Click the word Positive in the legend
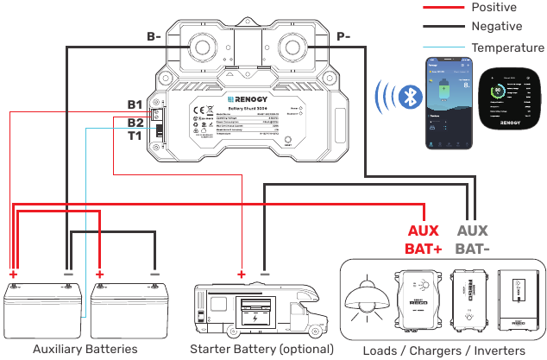[494, 8]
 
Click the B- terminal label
[154, 37]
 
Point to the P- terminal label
[342, 37]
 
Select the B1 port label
[135, 105]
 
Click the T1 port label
[135, 136]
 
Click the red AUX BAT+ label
[422, 239]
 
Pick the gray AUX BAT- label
[472, 239]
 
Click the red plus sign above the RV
[241, 274]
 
